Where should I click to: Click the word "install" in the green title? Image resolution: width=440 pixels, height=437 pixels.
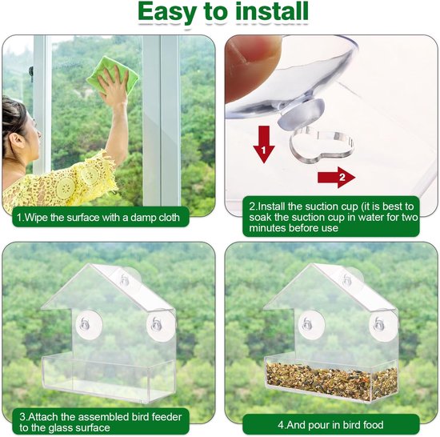[272, 12]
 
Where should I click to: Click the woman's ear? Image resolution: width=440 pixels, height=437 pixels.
[14, 140]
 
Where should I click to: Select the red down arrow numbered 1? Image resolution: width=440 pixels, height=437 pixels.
[264, 144]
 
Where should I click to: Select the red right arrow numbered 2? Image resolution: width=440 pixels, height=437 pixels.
[337, 178]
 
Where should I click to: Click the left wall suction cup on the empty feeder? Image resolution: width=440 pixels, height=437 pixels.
[89, 324]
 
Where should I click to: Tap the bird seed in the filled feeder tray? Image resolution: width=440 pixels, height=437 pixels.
[331, 378]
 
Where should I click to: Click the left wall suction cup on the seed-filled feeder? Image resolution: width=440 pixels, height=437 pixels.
[311, 324]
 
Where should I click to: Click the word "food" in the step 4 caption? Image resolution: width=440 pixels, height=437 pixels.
[371, 425]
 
